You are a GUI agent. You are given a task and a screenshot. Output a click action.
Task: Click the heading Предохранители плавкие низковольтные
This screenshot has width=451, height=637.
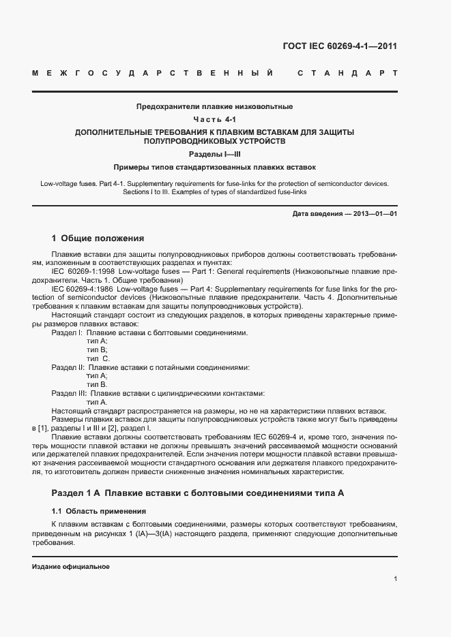pos(214,107)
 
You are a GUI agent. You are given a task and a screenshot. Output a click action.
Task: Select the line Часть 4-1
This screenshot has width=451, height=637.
pos(214,120)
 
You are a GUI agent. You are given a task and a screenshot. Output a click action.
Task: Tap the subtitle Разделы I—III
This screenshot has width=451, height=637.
pos(214,154)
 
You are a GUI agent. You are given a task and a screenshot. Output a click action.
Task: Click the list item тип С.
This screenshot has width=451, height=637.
pos(98,358)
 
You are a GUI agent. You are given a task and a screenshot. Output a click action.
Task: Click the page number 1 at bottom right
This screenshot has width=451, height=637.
pos(396,579)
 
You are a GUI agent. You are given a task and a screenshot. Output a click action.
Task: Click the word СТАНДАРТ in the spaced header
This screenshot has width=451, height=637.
pos(347,72)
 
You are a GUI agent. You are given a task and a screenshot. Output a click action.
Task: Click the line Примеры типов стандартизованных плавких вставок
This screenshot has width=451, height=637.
pos(214,167)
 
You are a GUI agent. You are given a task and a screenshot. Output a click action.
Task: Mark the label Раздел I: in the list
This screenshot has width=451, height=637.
pos(66,332)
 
